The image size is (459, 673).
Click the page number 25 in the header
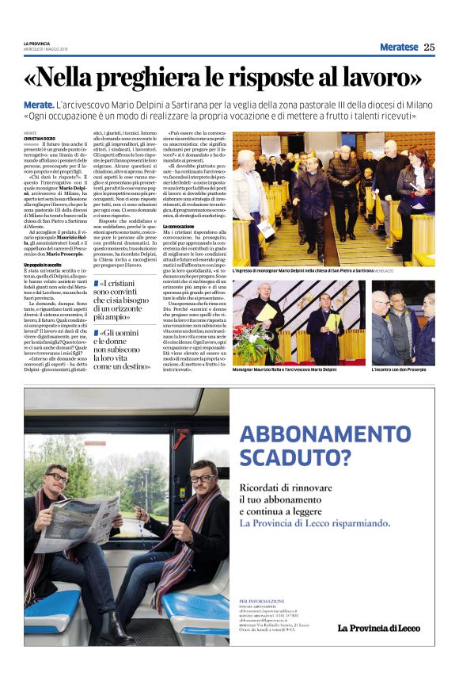pyautogui.click(x=429, y=47)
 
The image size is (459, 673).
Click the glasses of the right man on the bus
pyautogui.click(x=202, y=479)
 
